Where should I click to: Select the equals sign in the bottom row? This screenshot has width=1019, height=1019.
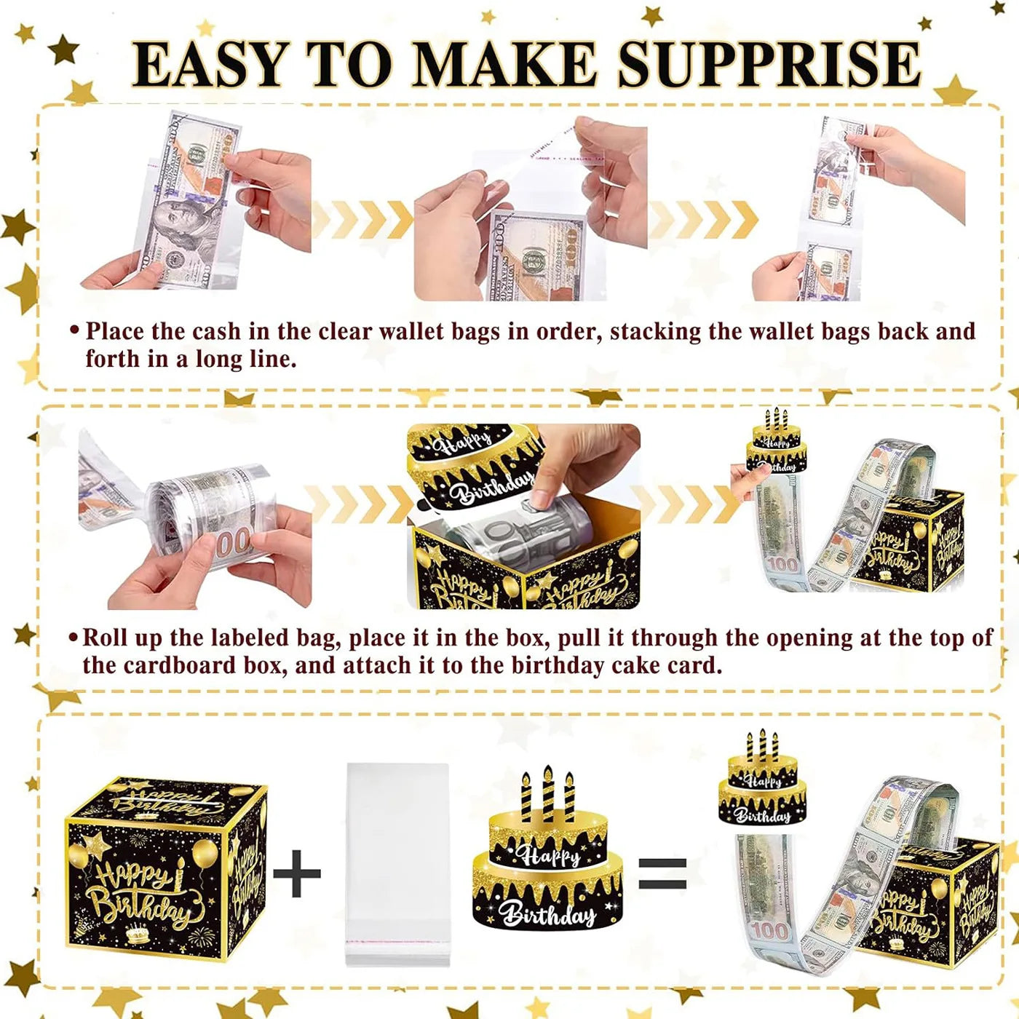pyautogui.click(x=662, y=872)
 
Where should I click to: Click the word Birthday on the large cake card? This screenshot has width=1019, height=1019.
pyautogui.click(x=547, y=913)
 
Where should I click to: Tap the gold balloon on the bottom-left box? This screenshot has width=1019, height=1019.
pyautogui.click(x=205, y=854)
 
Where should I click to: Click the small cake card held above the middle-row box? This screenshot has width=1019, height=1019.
pyautogui.click(x=776, y=444)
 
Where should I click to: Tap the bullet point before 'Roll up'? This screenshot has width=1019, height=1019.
pyautogui.click(x=73, y=638)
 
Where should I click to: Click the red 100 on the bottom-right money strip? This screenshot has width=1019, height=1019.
pyautogui.click(x=769, y=931)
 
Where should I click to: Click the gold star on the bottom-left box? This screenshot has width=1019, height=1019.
pyautogui.click(x=95, y=846)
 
